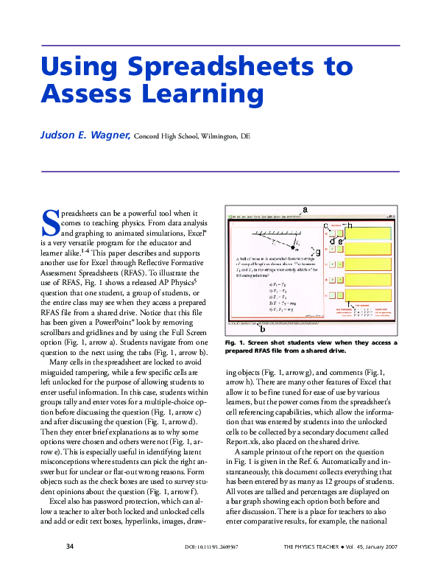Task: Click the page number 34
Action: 70,546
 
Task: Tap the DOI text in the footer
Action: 208,547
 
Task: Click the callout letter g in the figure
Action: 317,253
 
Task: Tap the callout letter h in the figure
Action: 349,225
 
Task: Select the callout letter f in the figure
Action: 347,303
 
